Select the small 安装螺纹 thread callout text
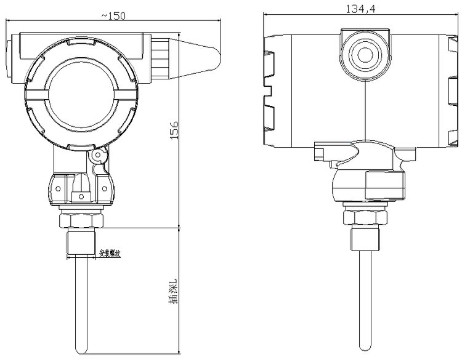[x=109, y=253]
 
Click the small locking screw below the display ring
[x=97, y=158]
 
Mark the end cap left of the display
[x=10, y=60]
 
